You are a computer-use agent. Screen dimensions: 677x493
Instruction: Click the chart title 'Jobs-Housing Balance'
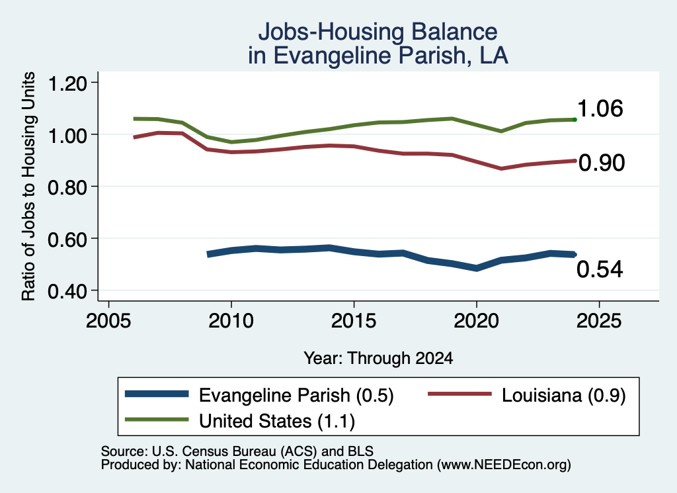click(378, 32)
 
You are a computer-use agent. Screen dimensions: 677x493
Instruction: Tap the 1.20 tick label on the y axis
click(67, 83)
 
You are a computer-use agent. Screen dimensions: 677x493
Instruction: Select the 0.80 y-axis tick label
click(67, 187)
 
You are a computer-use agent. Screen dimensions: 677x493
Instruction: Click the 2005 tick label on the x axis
click(109, 321)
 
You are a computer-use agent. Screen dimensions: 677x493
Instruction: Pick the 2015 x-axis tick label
click(354, 321)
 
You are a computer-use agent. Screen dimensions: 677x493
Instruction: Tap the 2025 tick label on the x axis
click(599, 321)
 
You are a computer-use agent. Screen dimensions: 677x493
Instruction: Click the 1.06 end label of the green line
click(600, 109)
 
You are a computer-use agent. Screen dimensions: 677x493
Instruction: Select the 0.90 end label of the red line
click(602, 163)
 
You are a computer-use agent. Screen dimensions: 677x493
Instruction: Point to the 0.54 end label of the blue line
click(600, 269)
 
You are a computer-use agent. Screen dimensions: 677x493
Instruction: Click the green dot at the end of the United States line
click(575, 120)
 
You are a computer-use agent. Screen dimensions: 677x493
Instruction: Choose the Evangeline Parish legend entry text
click(296, 395)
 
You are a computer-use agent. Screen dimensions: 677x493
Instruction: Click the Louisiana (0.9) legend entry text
click(563, 395)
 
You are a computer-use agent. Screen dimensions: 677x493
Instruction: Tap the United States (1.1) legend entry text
click(277, 422)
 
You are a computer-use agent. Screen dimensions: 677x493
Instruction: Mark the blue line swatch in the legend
click(157, 394)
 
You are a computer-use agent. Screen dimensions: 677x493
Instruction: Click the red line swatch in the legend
click(459, 394)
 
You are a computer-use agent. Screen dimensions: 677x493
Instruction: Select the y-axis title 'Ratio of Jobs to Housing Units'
click(28, 186)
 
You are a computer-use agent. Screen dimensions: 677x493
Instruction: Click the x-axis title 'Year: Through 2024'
click(378, 358)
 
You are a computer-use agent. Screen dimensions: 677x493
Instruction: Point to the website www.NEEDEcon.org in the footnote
click(503, 465)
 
